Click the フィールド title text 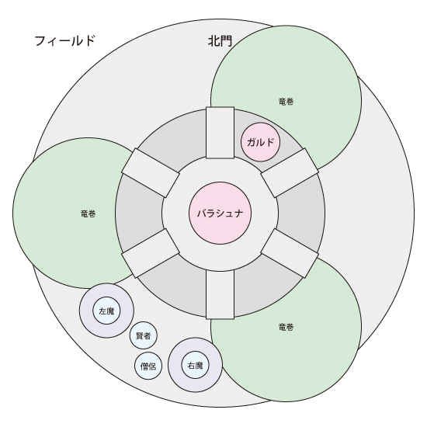(64, 41)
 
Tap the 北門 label (220, 41)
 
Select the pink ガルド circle (260, 142)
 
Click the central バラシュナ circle (220, 213)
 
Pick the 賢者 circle (144, 335)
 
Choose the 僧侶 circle (148, 366)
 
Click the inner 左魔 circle (107, 311)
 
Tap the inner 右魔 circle (195, 365)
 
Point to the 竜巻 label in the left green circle (89, 213)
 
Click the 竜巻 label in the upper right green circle (286, 102)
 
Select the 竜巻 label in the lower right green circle (286, 327)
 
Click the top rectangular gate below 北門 (220, 133)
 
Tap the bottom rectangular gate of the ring (220, 295)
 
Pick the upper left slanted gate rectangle (151, 173)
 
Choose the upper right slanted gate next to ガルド (290, 173)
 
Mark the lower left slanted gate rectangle (151, 253)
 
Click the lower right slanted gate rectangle (290, 253)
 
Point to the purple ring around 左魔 (107, 290)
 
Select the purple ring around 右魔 (195, 345)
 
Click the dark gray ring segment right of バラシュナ (301, 213)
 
